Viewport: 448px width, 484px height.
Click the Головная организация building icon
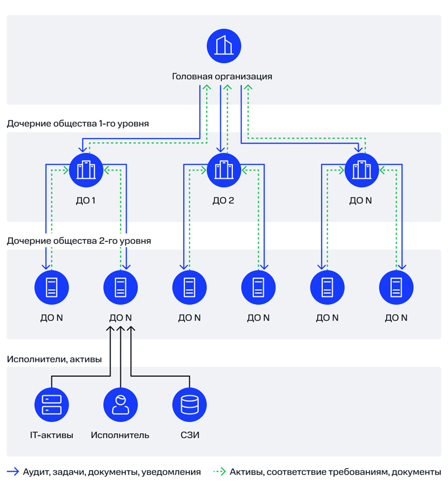tap(224, 46)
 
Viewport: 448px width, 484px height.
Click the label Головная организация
tap(222, 77)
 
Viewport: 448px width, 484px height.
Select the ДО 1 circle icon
tap(86, 170)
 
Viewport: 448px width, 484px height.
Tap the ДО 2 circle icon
tap(224, 170)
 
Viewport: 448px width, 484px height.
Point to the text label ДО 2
tap(223, 201)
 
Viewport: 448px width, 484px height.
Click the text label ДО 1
tap(86, 201)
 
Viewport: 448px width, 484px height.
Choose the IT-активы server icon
tap(51, 405)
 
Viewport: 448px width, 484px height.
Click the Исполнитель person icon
tap(120, 405)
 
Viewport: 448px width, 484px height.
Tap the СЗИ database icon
tap(189, 405)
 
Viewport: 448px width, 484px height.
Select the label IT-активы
tap(51, 435)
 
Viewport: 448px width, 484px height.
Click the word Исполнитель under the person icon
tap(120, 435)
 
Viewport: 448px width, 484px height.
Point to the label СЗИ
tap(190, 435)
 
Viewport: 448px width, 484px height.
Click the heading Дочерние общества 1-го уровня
tap(78, 124)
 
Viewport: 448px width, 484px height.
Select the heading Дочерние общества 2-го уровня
tap(79, 241)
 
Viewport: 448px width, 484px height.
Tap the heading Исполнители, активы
tap(54, 359)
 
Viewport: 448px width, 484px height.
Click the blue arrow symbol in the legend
tap(13, 472)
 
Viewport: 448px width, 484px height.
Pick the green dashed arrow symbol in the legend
tap(220, 472)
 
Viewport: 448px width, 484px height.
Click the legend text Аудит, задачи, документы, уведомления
tap(111, 472)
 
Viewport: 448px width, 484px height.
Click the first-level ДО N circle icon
tap(361, 170)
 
